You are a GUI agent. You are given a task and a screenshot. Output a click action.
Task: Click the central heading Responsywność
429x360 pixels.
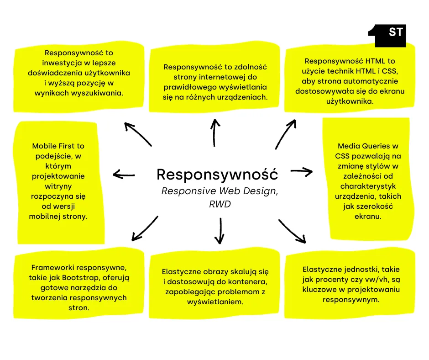point(217,174)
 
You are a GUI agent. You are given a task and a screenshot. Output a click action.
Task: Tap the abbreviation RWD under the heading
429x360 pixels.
point(220,204)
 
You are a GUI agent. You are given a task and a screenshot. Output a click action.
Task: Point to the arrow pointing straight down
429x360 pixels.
point(220,231)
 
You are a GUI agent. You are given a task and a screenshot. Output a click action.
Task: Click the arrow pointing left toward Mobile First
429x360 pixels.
point(124,174)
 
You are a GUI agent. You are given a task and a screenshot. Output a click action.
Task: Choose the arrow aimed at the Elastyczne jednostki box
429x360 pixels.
point(292,231)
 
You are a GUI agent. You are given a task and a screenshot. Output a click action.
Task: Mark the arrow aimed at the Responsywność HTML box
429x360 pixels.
point(286,133)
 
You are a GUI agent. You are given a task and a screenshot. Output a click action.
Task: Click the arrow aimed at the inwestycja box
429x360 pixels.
point(138,134)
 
